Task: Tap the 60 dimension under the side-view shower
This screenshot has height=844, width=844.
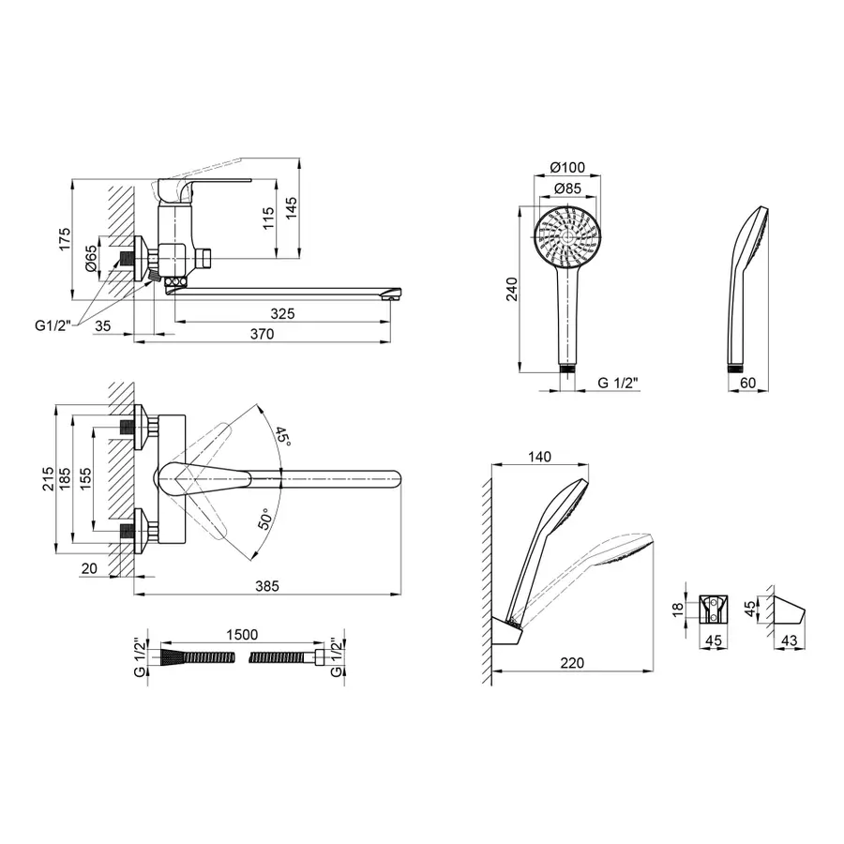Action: click(747, 383)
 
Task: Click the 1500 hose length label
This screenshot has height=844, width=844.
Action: click(241, 635)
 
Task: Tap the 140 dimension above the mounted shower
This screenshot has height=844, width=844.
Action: click(539, 457)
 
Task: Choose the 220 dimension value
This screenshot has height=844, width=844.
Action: click(572, 663)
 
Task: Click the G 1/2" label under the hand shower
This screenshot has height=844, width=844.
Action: click(618, 382)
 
